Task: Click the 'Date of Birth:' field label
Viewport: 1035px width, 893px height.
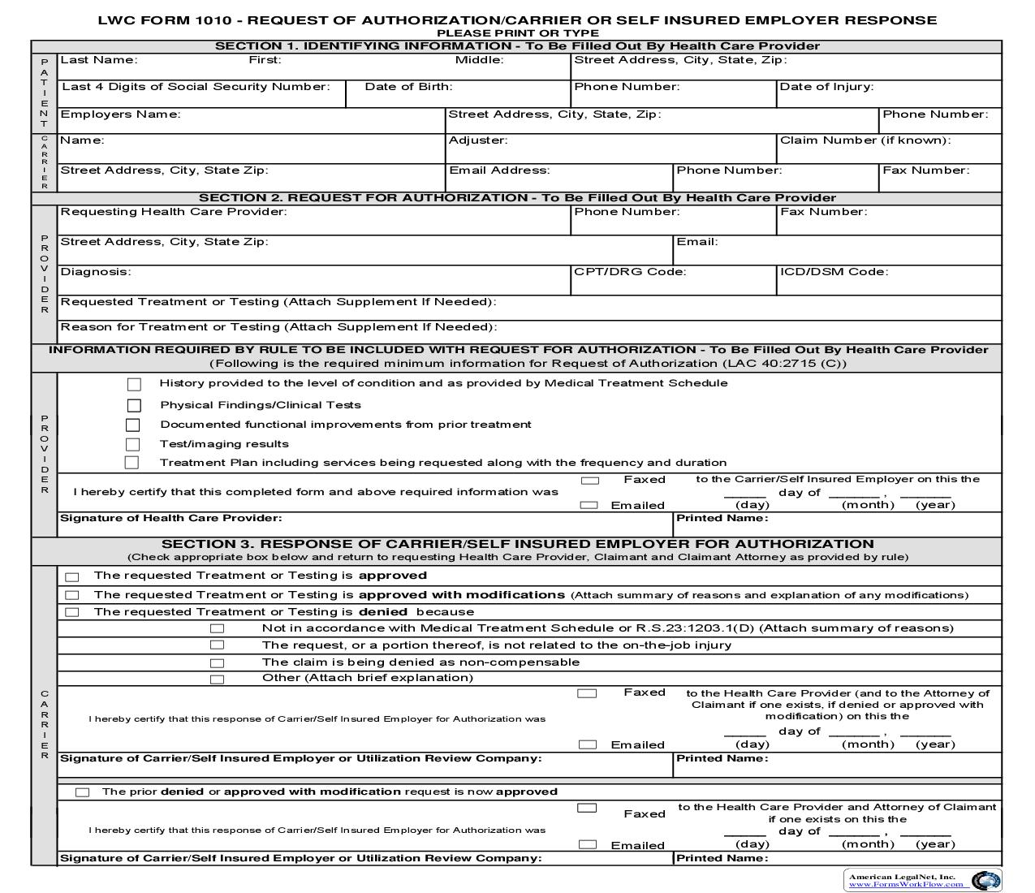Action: tap(408, 87)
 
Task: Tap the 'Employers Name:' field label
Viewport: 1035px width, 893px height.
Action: tap(120, 114)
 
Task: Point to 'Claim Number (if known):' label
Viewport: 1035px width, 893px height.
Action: tap(865, 140)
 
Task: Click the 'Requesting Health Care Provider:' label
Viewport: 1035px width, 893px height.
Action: tap(174, 212)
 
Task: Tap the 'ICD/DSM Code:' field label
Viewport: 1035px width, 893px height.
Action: tap(834, 272)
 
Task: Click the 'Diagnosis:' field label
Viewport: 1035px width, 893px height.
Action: tap(96, 272)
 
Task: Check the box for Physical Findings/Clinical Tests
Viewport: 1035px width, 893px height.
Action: tap(134, 405)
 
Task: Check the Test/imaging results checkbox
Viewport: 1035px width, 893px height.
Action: tap(132, 444)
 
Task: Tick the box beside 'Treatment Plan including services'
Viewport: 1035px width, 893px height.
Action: tap(132, 463)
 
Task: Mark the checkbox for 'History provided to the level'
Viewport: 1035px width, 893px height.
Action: tap(134, 384)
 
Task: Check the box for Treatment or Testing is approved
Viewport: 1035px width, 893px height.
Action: tap(72, 577)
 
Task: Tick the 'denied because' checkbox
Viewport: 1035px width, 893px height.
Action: tap(72, 613)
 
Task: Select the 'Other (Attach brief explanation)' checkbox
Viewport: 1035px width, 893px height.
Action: tap(217, 679)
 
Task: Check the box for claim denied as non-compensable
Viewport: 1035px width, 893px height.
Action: tap(217, 663)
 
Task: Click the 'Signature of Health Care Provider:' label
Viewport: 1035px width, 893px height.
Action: tap(171, 518)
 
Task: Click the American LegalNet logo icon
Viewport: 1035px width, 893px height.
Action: tap(985, 881)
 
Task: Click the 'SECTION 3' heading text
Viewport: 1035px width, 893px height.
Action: tap(517, 544)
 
